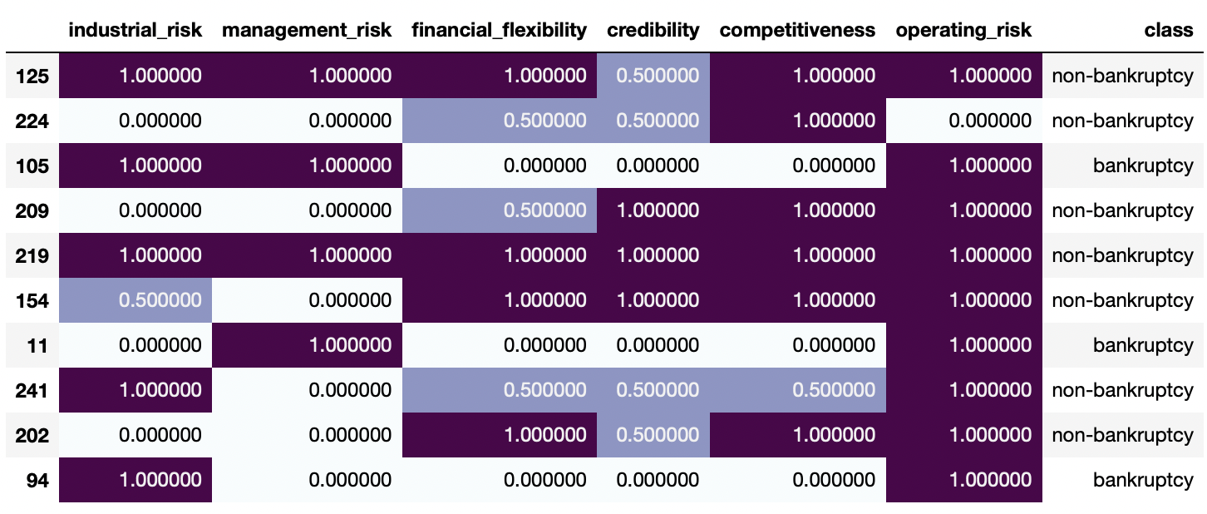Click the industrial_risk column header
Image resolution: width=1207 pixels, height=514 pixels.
coord(135,31)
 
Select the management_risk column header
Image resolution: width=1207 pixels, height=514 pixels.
coord(307,31)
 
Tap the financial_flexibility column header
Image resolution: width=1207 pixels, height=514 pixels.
coord(499,31)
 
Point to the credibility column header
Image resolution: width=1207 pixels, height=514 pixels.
coord(653,31)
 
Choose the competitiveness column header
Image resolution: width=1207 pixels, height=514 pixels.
coord(797,31)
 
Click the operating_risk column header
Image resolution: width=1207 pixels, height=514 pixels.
coord(963,31)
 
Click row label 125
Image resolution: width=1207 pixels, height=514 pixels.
coord(32,77)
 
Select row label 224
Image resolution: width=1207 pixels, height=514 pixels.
coord(32,121)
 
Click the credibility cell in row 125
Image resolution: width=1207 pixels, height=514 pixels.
coord(653,77)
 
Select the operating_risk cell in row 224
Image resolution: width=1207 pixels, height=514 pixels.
coord(963,121)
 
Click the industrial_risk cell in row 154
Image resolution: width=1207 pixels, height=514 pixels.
coord(135,300)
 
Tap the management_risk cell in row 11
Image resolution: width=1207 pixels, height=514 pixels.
coord(307,345)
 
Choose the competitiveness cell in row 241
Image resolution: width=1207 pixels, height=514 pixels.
coord(797,390)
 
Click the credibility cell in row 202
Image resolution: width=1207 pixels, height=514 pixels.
coord(653,435)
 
